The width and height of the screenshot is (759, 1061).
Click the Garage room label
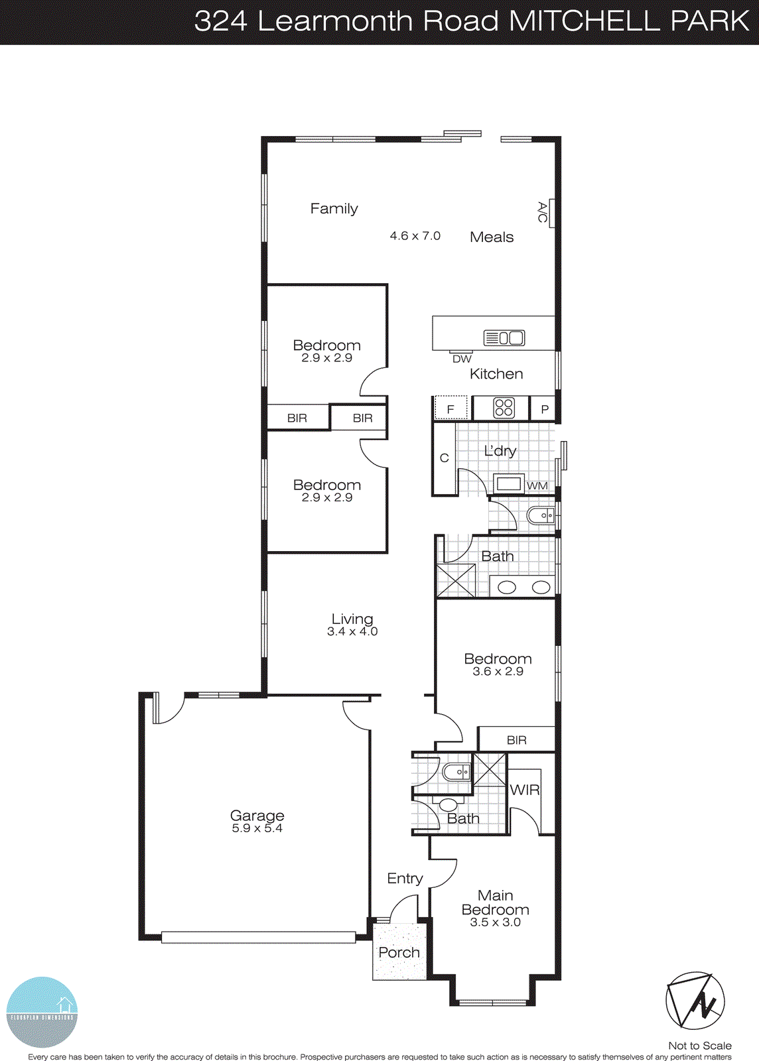[x=257, y=816]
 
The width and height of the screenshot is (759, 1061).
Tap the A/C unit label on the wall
[x=543, y=212]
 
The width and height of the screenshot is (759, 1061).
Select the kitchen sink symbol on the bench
[x=504, y=338]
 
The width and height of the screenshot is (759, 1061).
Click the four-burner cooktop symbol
[x=504, y=408]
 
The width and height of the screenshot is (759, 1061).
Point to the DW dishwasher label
[x=462, y=359]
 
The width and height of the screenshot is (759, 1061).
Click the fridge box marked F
[x=450, y=408]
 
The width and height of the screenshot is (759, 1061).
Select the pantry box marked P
[x=545, y=409]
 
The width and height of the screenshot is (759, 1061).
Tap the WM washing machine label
[x=537, y=485]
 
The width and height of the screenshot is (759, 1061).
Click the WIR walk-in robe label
[x=524, y=790]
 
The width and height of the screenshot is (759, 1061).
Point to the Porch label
[x=399, y=952]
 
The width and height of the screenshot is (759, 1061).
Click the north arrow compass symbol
[x=695, y=1001]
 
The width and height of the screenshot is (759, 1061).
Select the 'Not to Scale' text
[x=699, y=1045]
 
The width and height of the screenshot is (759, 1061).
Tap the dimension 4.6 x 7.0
[x=415, y=235]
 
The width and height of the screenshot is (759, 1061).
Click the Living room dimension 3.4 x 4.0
[x=352, y=632]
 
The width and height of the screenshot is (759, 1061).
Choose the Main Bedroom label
[x=495, y=903]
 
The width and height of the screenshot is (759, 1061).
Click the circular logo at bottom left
[x=42, y=1012]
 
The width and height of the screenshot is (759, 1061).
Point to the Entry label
[x=405, y=878]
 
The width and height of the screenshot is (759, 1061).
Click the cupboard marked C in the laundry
[x=445, y=458]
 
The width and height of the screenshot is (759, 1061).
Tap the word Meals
[x=492, y=237]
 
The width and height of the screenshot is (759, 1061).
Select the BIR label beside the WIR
[x=516, y=740]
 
